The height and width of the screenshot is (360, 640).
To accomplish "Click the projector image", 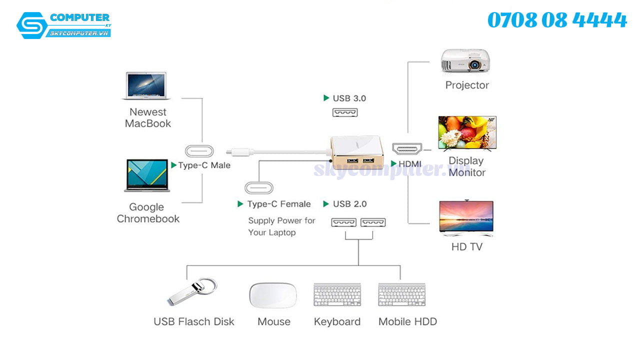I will (x=465, y=62).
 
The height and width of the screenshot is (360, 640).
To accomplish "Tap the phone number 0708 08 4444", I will (x=557, y=20).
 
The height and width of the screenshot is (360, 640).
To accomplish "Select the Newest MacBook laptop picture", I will (x=146, y=85).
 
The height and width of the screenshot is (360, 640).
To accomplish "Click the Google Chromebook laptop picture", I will (x=147, y=175).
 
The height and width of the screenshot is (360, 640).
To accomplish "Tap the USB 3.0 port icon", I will (x=344, y=112).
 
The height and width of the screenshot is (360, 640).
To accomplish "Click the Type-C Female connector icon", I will (x=259, y=187).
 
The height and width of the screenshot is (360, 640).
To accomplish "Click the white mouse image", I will (x=272, y=295).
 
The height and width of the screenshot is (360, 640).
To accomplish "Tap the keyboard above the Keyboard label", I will (x=337, y=295).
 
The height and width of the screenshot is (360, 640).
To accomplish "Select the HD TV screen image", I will (x=466, y=217).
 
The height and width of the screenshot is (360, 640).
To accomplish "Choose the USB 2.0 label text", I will (x=349, y=204).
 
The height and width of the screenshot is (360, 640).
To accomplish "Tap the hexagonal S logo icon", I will (x=31, y=25).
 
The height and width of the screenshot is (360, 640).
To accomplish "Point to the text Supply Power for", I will (x=281, y=220).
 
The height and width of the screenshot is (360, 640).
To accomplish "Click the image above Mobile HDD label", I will (x=402, y=295).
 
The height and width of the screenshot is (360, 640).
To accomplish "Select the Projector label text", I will (x=467, y=85).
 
